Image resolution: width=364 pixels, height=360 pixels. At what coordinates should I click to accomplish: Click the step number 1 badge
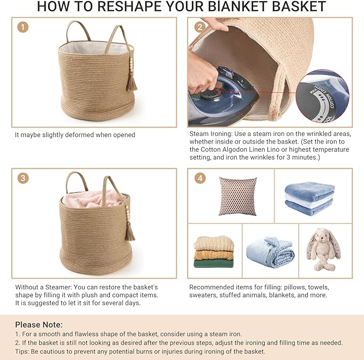coord(23,27)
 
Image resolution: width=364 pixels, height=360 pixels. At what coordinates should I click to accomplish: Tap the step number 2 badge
coord(199,27)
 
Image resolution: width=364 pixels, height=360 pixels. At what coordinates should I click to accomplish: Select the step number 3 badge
coord(23,178)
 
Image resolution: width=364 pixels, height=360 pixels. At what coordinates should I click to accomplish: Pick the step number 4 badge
coord(199,178)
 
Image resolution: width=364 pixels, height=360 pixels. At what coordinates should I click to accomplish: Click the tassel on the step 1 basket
coord(131,80)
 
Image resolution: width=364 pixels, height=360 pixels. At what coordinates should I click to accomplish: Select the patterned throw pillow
coord(237,196)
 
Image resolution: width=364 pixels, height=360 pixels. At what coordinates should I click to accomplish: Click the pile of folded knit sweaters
coord(214,252)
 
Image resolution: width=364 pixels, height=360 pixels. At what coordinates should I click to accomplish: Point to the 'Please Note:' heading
coord(39,324)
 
